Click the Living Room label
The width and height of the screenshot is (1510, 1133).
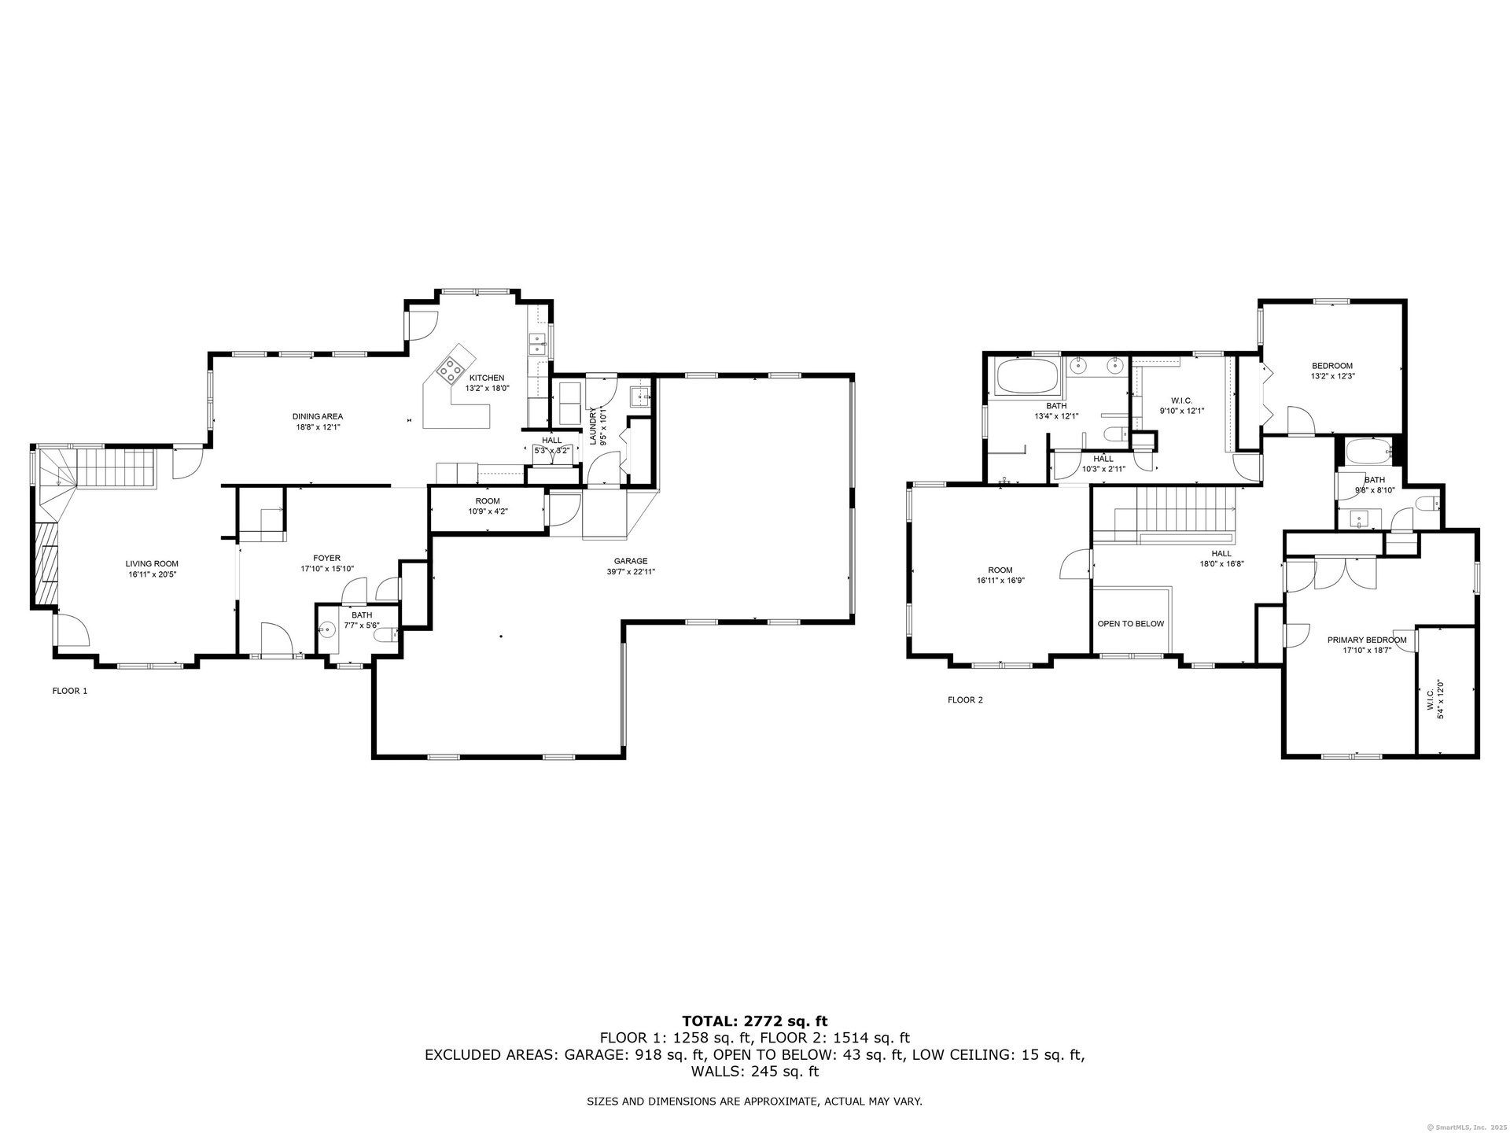pyautogui.click(x=152, y=569)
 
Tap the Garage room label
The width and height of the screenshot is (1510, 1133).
pyautogui.click(x=631, y=566)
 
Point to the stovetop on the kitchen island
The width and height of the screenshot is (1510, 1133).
pyautogui.click(x=451, y=369)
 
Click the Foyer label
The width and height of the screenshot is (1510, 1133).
pyautogui.click(x=327, y=563)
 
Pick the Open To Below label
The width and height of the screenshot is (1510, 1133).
pyautogui.click(x=1131, y=624)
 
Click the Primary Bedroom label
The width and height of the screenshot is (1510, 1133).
pyautogui.click(x=1367, y=645)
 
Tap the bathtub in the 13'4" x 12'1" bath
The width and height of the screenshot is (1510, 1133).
pyautogui.click(x=1029, y=377)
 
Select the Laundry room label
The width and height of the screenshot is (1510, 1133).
pyautogui.click(x=598, y=426)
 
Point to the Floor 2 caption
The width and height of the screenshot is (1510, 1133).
pyautogui.click(x=965, y=699)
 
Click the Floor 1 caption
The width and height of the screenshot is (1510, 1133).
pyautogui.click(x=70, y=691)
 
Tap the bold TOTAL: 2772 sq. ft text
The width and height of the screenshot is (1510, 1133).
pyautogui.click(x=754, y=1021)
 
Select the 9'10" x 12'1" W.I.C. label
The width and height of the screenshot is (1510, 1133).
pyautogui.click(x=1181, y=405)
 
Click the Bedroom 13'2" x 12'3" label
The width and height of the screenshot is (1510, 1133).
pyautogui.click(x=1332, y=371)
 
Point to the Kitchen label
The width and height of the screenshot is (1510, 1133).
pyautogui.click(x=487, y=383)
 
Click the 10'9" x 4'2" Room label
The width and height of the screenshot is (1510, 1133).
pyautogui.click(x=488, y=506)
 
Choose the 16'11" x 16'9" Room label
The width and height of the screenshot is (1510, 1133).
pyautogui.click(x=1000, y=575)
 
